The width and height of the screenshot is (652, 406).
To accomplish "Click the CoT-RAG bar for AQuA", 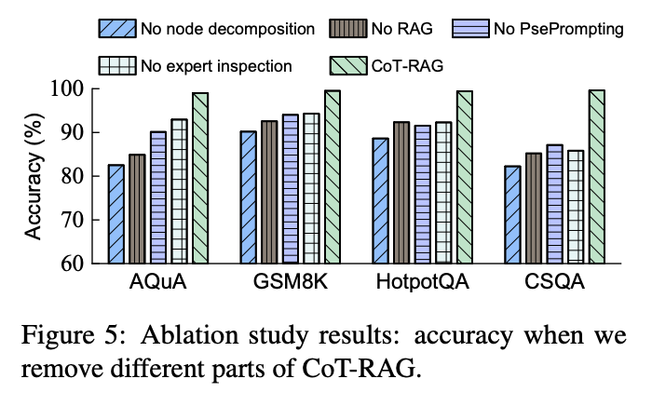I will pos(200,178).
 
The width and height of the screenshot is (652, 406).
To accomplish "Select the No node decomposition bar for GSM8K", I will pos(249,197).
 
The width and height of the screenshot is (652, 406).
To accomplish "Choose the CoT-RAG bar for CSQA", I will pos(597,177).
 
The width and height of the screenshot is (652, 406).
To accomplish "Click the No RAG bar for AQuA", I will pos(137,209).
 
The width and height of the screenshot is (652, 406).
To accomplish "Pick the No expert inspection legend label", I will pos(216,65).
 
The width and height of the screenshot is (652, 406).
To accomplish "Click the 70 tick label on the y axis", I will pos(73,220).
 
